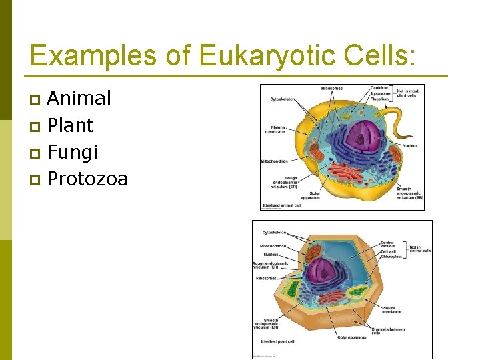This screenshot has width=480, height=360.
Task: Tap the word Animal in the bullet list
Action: (x=79, y=99)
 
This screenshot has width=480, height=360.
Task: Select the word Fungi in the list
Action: (x=73, y=152)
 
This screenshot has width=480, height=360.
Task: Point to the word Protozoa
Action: (x=87, y=179)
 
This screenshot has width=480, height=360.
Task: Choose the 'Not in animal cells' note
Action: (x=421, y=249)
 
